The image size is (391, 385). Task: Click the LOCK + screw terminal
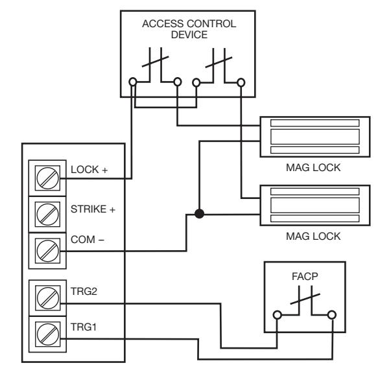(47, 178)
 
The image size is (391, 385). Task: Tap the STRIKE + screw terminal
(47, 215)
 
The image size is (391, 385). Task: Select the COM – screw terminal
(47, 251)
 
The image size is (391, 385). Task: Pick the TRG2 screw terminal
(47, 298)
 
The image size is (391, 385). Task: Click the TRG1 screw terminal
(47, 334)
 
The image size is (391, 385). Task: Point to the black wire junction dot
(199, 214)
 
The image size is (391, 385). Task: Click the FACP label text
(305, 276)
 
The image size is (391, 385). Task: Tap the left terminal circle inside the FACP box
(278, 315)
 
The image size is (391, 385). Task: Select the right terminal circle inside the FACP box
(331, 315)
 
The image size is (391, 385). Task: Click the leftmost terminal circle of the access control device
(133, 82)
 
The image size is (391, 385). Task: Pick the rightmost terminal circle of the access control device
(241, 82)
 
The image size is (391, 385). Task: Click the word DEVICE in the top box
(189, 34)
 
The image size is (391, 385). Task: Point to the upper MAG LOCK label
(313, 167)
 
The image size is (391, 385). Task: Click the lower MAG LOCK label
(313, 236)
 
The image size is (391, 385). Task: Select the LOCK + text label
(89, 170)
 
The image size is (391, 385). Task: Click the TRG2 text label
(84, 291)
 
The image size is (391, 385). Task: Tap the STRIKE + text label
(93, 209)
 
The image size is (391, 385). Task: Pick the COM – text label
(88, 239)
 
